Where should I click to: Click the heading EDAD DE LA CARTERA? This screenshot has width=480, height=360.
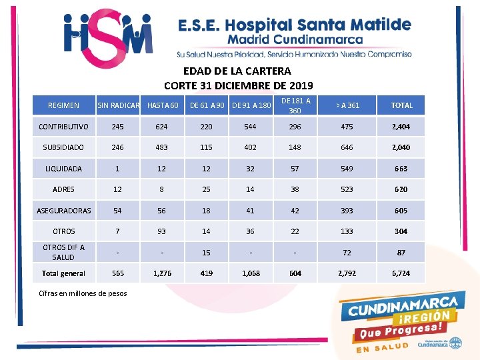pyautogui.click(x=237, y=71)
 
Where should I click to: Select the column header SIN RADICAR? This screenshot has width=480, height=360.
pyautogui.click(x=118, y=105)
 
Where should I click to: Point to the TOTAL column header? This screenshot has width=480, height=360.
pyautogui.click(x=401, y=105)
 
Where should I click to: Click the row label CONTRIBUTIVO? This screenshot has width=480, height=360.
pyautogui.click(x=63, y=127)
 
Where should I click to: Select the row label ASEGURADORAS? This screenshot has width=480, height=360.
pyautogui.click(x=63, y=211)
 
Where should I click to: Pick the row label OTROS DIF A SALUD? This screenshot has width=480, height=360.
pyautogui.click(x=63, y=252)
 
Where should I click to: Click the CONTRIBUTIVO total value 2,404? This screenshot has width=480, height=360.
pyautogui.click(x=401, y=127)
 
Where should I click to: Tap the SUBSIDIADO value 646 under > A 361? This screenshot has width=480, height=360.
pyautogui.click(x=347, y=147)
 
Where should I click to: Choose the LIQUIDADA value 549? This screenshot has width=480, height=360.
pyautogui.click(x=347, y=169)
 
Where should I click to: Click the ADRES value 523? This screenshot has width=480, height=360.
pyautogui.click(x=347, y=189)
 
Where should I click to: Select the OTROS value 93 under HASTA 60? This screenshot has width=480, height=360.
pyautogui.click(x=161, y=231)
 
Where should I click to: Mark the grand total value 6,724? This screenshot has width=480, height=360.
pyautogui.click(x=401, y=273)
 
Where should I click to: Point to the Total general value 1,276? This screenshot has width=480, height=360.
pyautogui.click(x=161, y=273)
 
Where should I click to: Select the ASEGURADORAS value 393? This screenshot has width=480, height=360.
pyautogui.click(x=347, y=211)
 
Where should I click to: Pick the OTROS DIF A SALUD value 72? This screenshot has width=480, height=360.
pyautogui.click(x=347, y=253)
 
